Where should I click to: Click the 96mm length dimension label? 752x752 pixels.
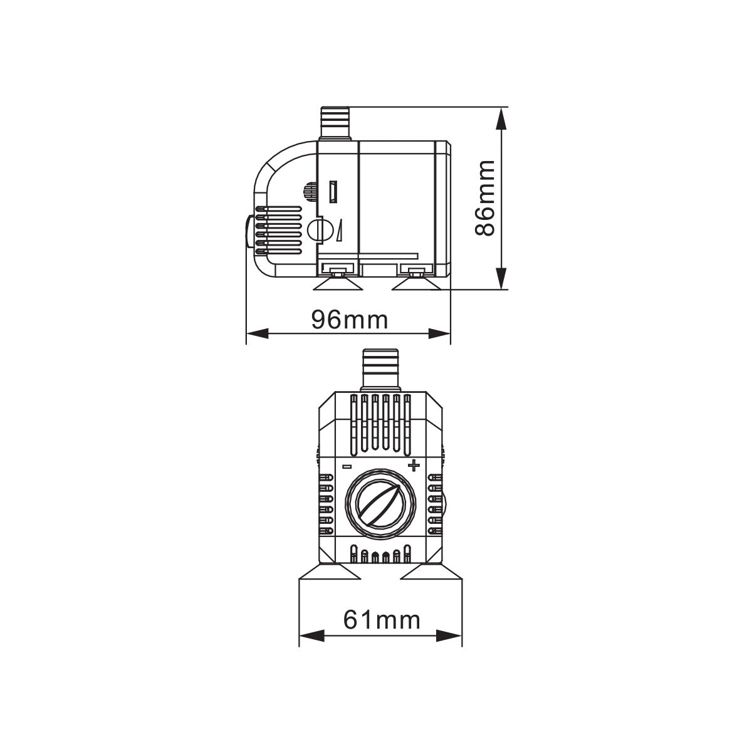[350, 320]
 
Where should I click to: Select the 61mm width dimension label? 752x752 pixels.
[381, 620]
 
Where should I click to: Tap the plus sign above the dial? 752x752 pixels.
[413, 465]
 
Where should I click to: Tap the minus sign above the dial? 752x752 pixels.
[347, 466]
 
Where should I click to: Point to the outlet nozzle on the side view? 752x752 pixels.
[336, 123]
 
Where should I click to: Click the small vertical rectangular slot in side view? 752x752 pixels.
[333, 192]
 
